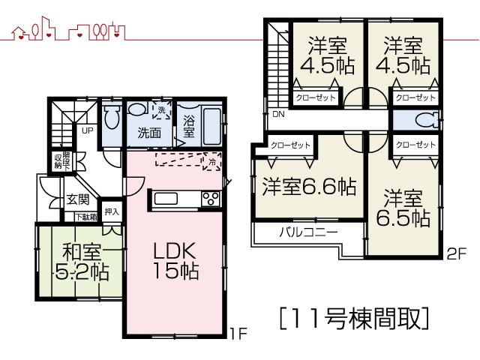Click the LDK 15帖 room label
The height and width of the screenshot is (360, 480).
[176, 260]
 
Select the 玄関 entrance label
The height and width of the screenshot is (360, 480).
[77, 199]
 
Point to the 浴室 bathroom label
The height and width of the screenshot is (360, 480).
[188, 125]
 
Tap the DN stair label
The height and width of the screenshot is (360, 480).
[277, 115]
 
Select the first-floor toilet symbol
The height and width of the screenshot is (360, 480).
[113, 117]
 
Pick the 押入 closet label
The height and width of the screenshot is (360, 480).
[112, 212]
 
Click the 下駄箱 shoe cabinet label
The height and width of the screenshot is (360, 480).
[89, 217]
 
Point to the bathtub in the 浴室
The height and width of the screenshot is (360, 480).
[210, 124]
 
